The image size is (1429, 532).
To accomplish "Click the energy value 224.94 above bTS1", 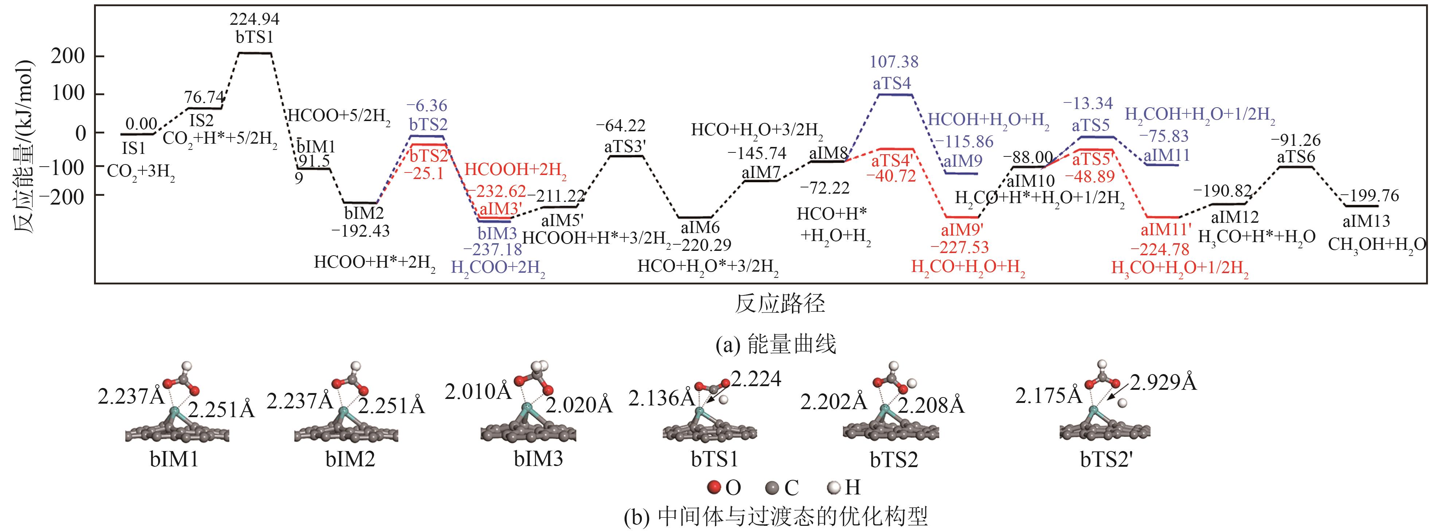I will point(255,19).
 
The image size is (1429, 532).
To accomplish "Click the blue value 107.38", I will point(894,62).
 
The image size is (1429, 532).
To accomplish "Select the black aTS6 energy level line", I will point(1296,166).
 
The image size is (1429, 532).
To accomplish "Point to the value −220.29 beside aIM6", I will point(701,244).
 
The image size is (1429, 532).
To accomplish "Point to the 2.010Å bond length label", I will point(478,392).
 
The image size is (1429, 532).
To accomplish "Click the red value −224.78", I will point(1160,249).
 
